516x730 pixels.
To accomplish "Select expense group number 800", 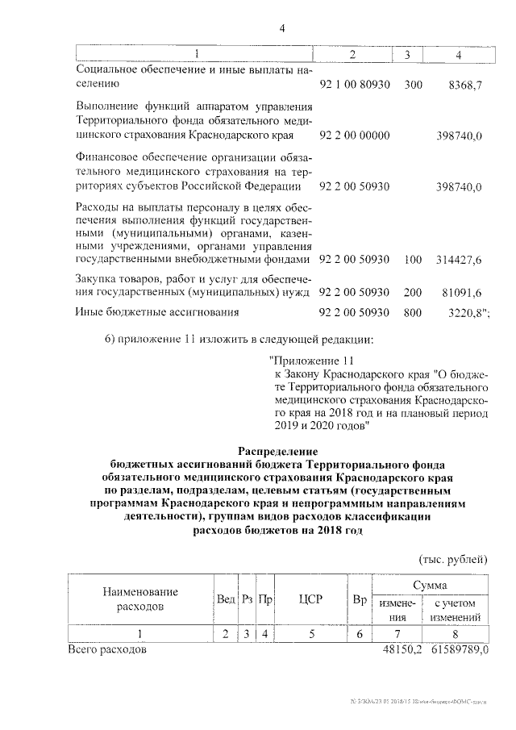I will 413,311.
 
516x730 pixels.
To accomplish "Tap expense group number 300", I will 413,84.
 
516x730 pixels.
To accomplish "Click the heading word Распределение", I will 278,450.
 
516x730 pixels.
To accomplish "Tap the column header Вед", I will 226,599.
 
